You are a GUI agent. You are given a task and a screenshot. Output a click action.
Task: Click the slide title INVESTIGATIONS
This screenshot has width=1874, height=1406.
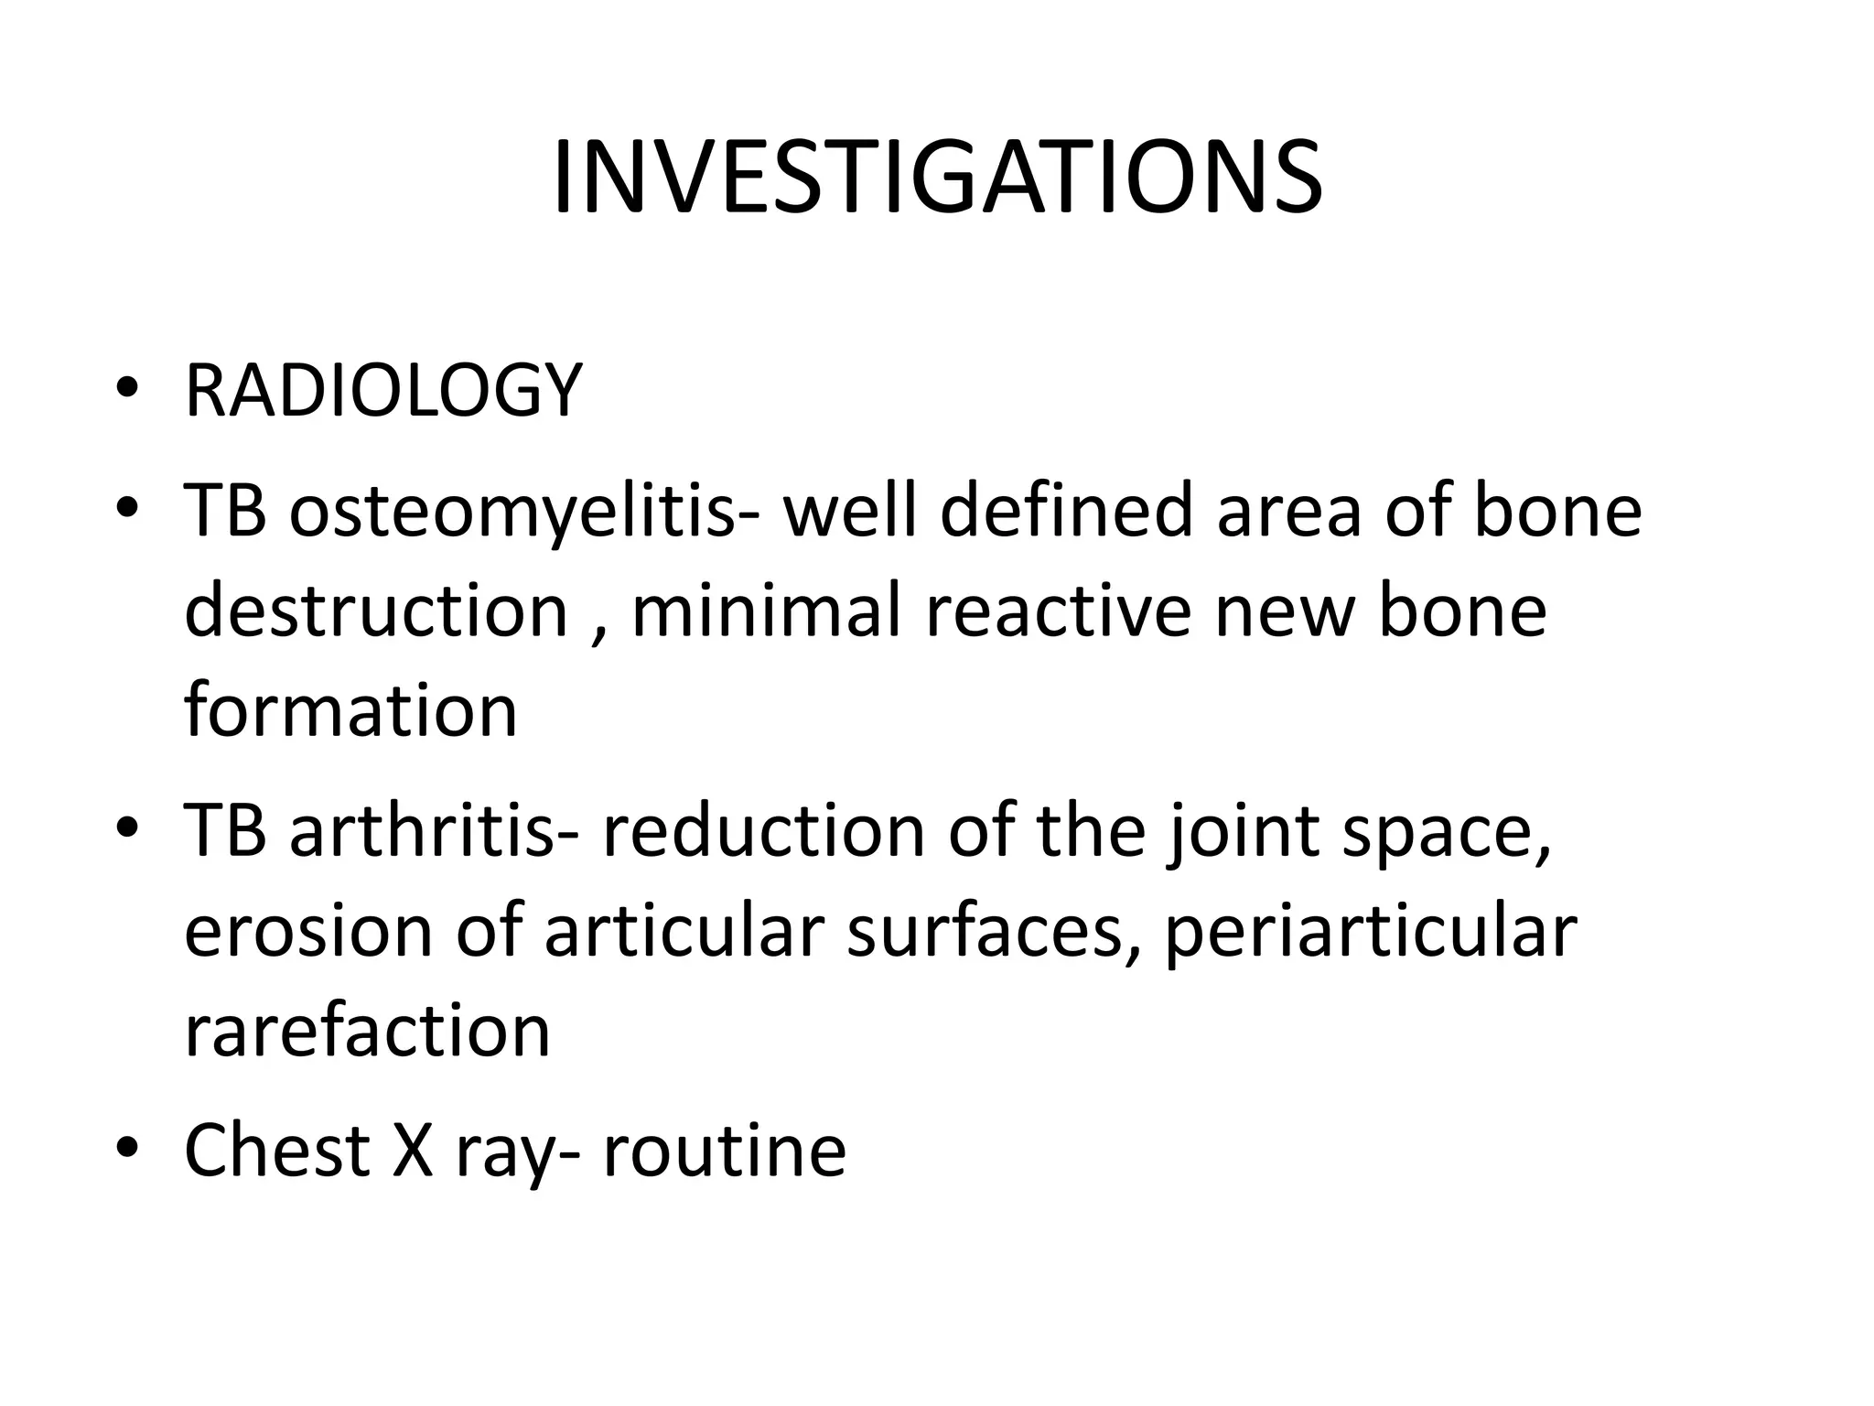[x=937, y=178]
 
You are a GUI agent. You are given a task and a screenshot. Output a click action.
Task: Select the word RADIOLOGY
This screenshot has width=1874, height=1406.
[x=383, y=391]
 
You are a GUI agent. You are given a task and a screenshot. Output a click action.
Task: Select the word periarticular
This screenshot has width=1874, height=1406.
[x=1370, y=934]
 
